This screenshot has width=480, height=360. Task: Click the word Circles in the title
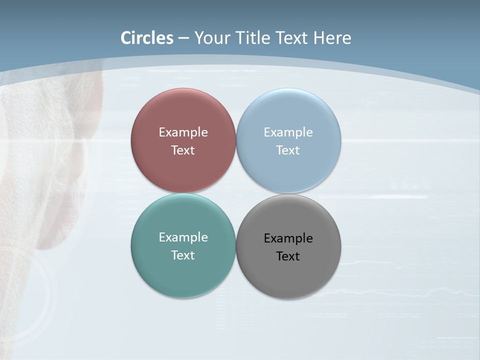147,38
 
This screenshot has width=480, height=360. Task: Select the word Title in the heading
253,38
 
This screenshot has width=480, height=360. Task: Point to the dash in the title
183,38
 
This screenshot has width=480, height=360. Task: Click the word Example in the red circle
183,132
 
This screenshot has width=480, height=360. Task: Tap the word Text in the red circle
183,150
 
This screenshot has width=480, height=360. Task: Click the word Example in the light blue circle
288,132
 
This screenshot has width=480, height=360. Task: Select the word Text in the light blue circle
288,150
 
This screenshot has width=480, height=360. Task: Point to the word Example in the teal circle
183,237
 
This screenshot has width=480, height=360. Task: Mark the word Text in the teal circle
183,255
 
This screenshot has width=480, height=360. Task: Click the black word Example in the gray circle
288,238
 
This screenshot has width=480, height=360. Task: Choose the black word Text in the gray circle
288,256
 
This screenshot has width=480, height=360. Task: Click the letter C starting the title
126,38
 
